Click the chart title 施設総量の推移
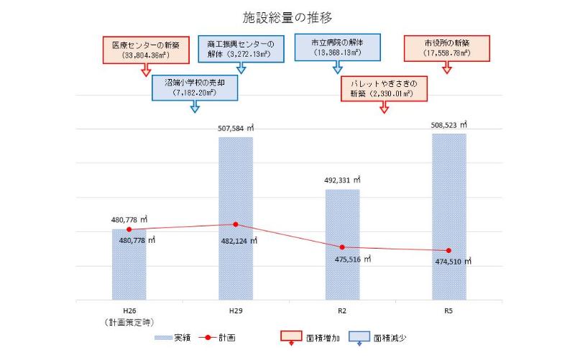click(x=287, y=16)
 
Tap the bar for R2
click(x=342, y=244)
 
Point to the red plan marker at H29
click(x=235, y=224)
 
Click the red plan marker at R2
click(x=342, y=247)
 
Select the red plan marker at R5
click(x=448, y=251)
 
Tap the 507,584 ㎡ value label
click(x=236, y=129)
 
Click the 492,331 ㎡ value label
click(x=343, y=180)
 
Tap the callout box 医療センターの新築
click(x=146, y=49)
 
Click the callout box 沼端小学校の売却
click(x=195, y=88)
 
